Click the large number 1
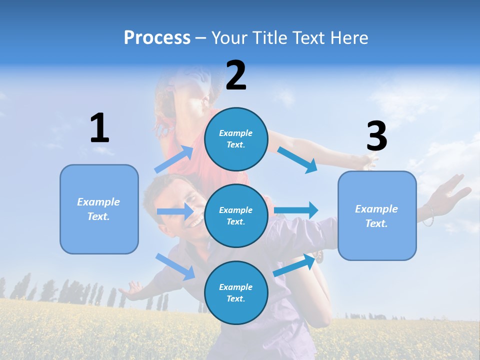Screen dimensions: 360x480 point(99,128)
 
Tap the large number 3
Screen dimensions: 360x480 point(376,136)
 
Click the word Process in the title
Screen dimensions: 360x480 point(157,37)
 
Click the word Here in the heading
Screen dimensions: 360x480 point(348,38)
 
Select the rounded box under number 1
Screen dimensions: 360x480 point(99,209)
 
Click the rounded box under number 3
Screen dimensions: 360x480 point(377,215)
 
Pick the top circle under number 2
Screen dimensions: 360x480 point(236,139)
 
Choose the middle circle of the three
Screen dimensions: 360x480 point(236,215)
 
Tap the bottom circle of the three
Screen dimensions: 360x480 point(236,292)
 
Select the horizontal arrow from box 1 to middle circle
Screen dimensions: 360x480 point(175,211)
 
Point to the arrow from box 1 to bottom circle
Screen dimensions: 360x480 point(175,266)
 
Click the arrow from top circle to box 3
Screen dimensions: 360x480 point(298,160)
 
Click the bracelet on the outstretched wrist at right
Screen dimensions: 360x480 point(428,216)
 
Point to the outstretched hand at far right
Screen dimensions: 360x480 point(452,192)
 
